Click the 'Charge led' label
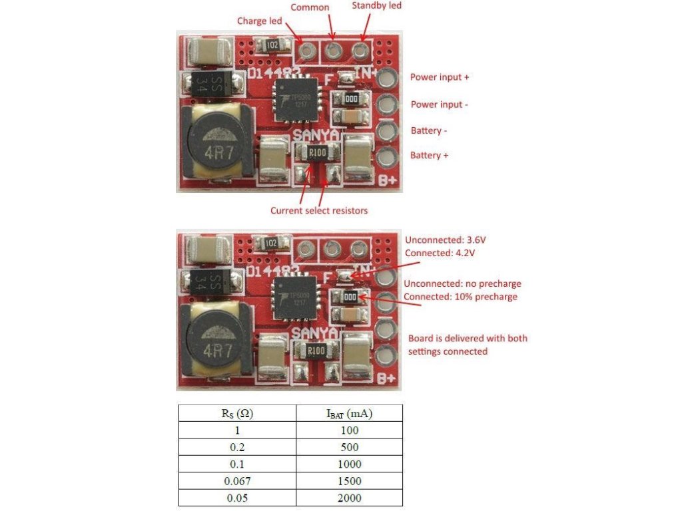[x=259, y=21]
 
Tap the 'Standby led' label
[x=377, y=5]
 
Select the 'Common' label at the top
[x=310, y=7]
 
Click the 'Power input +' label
[x=440, y=77]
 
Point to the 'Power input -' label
[x=440, y=104]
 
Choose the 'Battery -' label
[x=428, y=131]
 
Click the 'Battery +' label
[x=429, y=156]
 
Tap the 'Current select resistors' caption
[x=319, y=211]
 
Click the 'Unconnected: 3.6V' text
[x=446, y=240]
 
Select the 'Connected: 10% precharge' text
[x=461, y=297]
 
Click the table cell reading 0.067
[x=237, y=481]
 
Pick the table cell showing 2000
[x=349, y=498]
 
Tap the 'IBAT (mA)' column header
[x=349, y=413]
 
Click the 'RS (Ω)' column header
[x=237, y=413]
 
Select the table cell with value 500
[x=349, y=447]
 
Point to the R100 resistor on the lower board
[x=316, y=350]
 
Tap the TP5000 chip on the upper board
[x=296, y=100]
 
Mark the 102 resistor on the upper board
[x=272, y=45]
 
